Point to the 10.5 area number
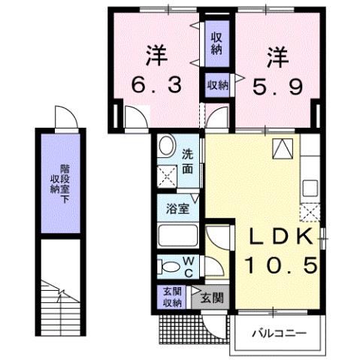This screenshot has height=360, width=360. [279, 265]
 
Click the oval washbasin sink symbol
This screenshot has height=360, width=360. [168, 146]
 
